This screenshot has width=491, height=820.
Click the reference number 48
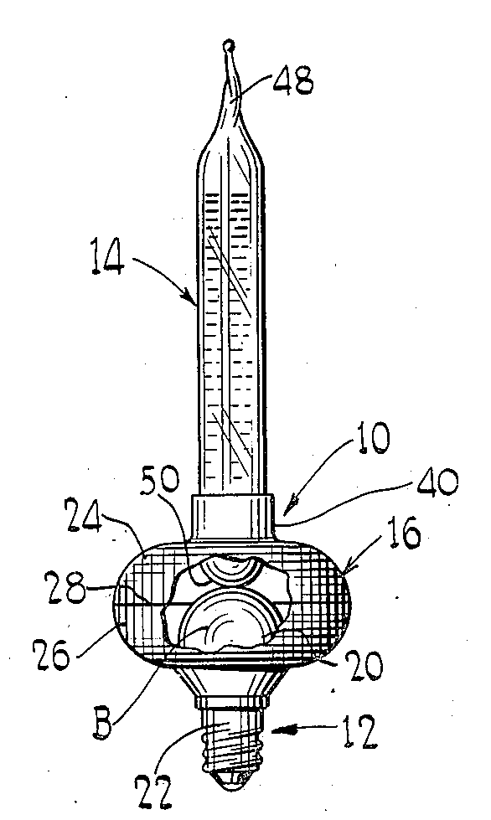[x=294, y=80]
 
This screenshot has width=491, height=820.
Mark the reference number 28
[x=65, y=587]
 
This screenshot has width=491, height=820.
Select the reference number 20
[x=365, y=666]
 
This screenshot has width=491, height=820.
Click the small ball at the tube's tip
[x=229, y=46]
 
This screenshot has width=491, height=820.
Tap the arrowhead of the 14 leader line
[x=192, y=297]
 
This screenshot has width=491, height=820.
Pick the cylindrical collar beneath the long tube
[x=232, y=517]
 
